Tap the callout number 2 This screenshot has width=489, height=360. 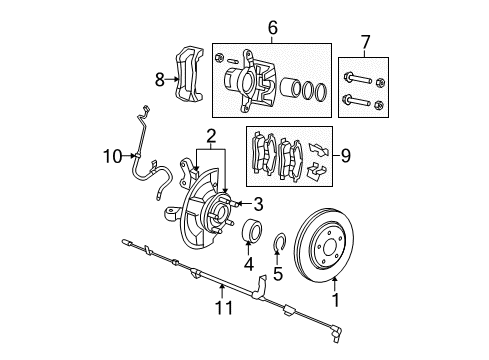click(212, 136)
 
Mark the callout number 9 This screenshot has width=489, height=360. click(345, 155)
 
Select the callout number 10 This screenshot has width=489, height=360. click(113, 155)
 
